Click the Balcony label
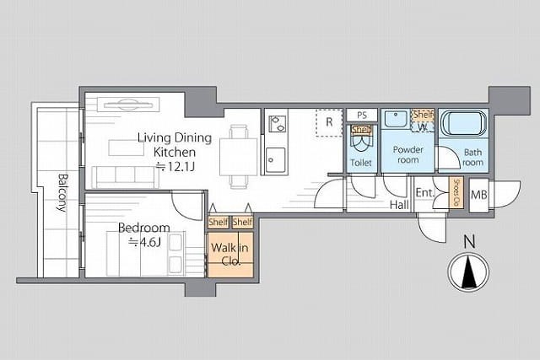tap(62, 193)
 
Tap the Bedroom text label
tap(144, 228)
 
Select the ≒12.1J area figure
tap(175, 167)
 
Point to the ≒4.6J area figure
tap(144, 243)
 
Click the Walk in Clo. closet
tap(230, 255)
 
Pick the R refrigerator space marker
tap(329, 123)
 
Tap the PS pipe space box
tap(362, 116)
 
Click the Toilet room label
tap(361, 163)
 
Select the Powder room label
tap(408, 154)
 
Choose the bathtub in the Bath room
tap(464, 123)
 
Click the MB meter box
tap(478, 195)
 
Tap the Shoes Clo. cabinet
tap(456, 193)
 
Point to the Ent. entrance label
tap(425, 193)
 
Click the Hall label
tap(399, 205)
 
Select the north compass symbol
tap(468, 271)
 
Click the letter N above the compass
tap(469, 241)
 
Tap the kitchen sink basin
tap(276, 160)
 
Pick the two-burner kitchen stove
tap(278, 124)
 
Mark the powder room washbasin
tap(396, 119)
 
